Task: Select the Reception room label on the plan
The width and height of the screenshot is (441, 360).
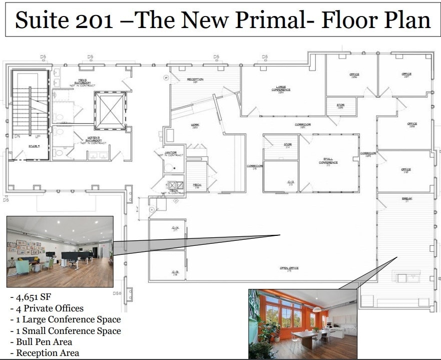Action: [195, 80]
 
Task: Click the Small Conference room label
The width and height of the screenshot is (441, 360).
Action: [328, 161]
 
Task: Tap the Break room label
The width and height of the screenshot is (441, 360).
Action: [406, 199]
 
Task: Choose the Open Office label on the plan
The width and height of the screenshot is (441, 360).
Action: [289, 268]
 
